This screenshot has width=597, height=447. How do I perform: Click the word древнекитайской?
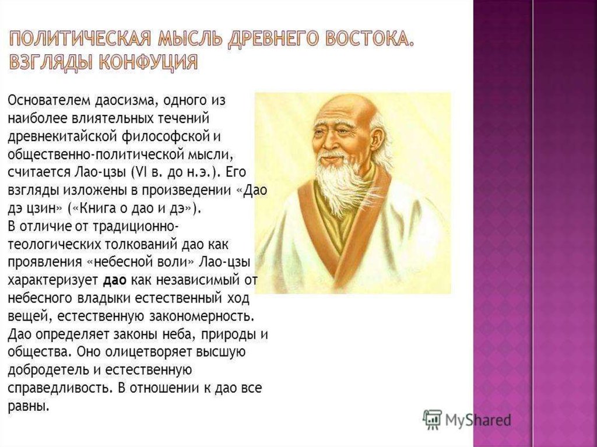62,136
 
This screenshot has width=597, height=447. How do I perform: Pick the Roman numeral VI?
137,172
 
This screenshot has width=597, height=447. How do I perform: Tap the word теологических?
54,244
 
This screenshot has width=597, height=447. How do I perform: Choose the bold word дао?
115,280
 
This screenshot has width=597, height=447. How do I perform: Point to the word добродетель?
48,370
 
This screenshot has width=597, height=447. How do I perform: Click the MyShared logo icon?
433,420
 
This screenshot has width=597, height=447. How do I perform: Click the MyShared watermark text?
478,420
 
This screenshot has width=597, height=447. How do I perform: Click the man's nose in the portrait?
332,143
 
